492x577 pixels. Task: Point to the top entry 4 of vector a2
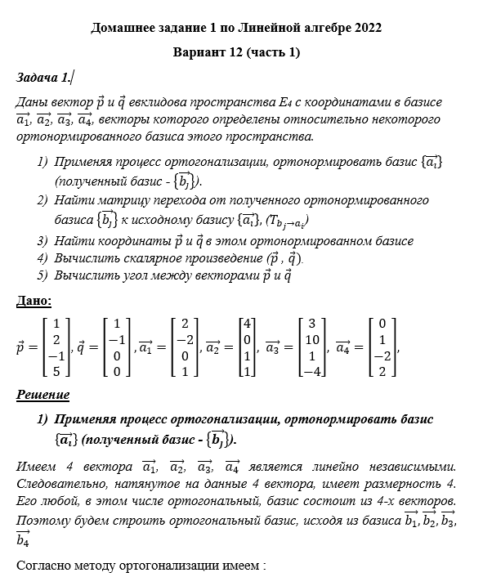click(x=248, y=322)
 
